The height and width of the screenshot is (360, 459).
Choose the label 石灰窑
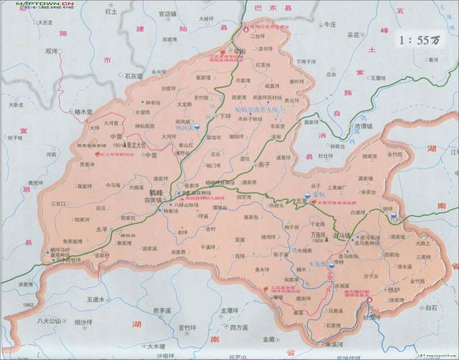(x=135, y=75)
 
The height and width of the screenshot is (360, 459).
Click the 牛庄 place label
(x=330, y=24)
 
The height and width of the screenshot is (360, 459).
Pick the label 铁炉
(x=394, y=289)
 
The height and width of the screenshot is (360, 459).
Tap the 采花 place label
(x=353, y=34)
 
